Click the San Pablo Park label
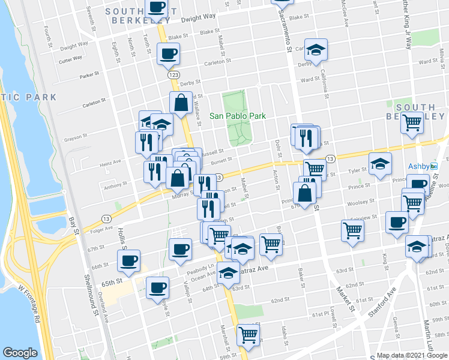click(237, 116)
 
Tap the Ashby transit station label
click(419, 166)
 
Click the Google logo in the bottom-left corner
click(20, 353)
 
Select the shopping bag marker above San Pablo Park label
click(181, 103)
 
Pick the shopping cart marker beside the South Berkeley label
click(412, 123)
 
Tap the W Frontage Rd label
click(28, 306)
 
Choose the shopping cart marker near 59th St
click(248, 335)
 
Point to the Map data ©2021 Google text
click(412, 355)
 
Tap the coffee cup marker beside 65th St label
click(128, 260)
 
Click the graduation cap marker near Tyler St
click(380, 163)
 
